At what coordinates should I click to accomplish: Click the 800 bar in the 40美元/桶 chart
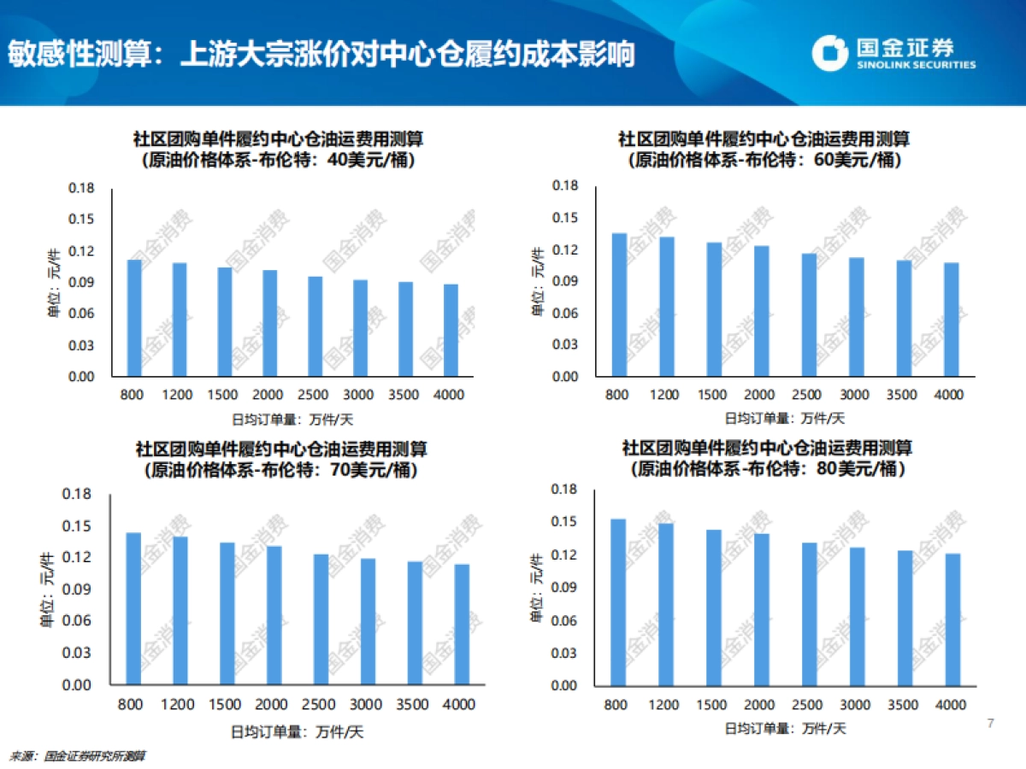pyautogui.click(x=134, y=318)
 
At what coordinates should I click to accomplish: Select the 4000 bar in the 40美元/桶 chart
pyautogui.click(x=451, y=330)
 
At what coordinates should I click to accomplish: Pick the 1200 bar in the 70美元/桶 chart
pyautogui.click(x=180, y=610)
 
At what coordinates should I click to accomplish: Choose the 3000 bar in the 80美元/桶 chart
pyautogui.click(x=858, y=616)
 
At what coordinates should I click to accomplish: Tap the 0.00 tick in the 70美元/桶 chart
pyautogui.click(x=77, y=685)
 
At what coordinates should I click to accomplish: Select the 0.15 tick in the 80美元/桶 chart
pyautogui.click(x=566, y=522)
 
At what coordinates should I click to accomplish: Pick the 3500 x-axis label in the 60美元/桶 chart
pyautogui.click(x=904, y=395)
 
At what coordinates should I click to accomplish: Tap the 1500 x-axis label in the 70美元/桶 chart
pyautogui.click(x=226, y=705)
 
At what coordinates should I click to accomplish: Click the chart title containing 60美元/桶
pyautogui.click(x=764, y=149)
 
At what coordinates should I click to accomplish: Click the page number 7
pyautogui.click(x=990, y=725)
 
